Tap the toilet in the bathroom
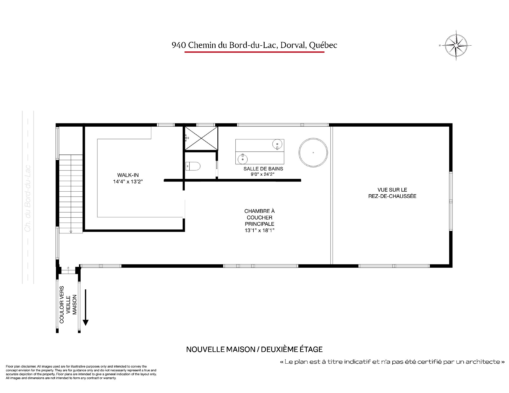point(193,166)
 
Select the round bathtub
point(313,152)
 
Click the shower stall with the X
point(201,138)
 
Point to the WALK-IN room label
point(128,175)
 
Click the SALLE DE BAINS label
point(263,169)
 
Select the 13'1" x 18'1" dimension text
point(259,231)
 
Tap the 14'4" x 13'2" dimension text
point(128,182)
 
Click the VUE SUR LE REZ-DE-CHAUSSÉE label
point(392,193)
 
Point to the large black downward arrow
point(85,307)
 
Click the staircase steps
point(71,194)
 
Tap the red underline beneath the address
point(254,52)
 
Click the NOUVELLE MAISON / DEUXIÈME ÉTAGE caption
point(254,349)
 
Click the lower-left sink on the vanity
point(243,159)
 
